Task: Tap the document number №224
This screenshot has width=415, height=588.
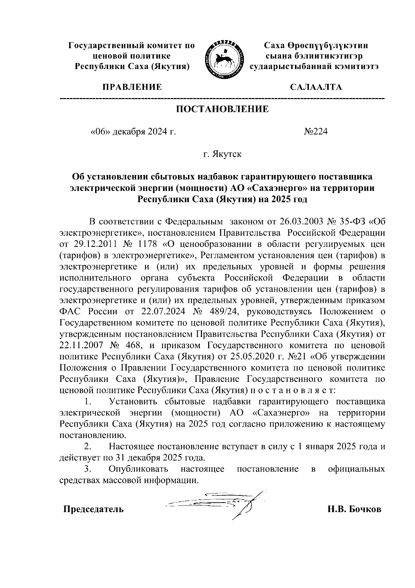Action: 315,132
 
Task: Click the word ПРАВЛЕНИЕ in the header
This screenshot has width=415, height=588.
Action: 131,87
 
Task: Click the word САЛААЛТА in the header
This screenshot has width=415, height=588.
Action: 316,87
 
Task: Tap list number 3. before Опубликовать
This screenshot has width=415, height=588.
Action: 88,469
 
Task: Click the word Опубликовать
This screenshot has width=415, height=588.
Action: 138,469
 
